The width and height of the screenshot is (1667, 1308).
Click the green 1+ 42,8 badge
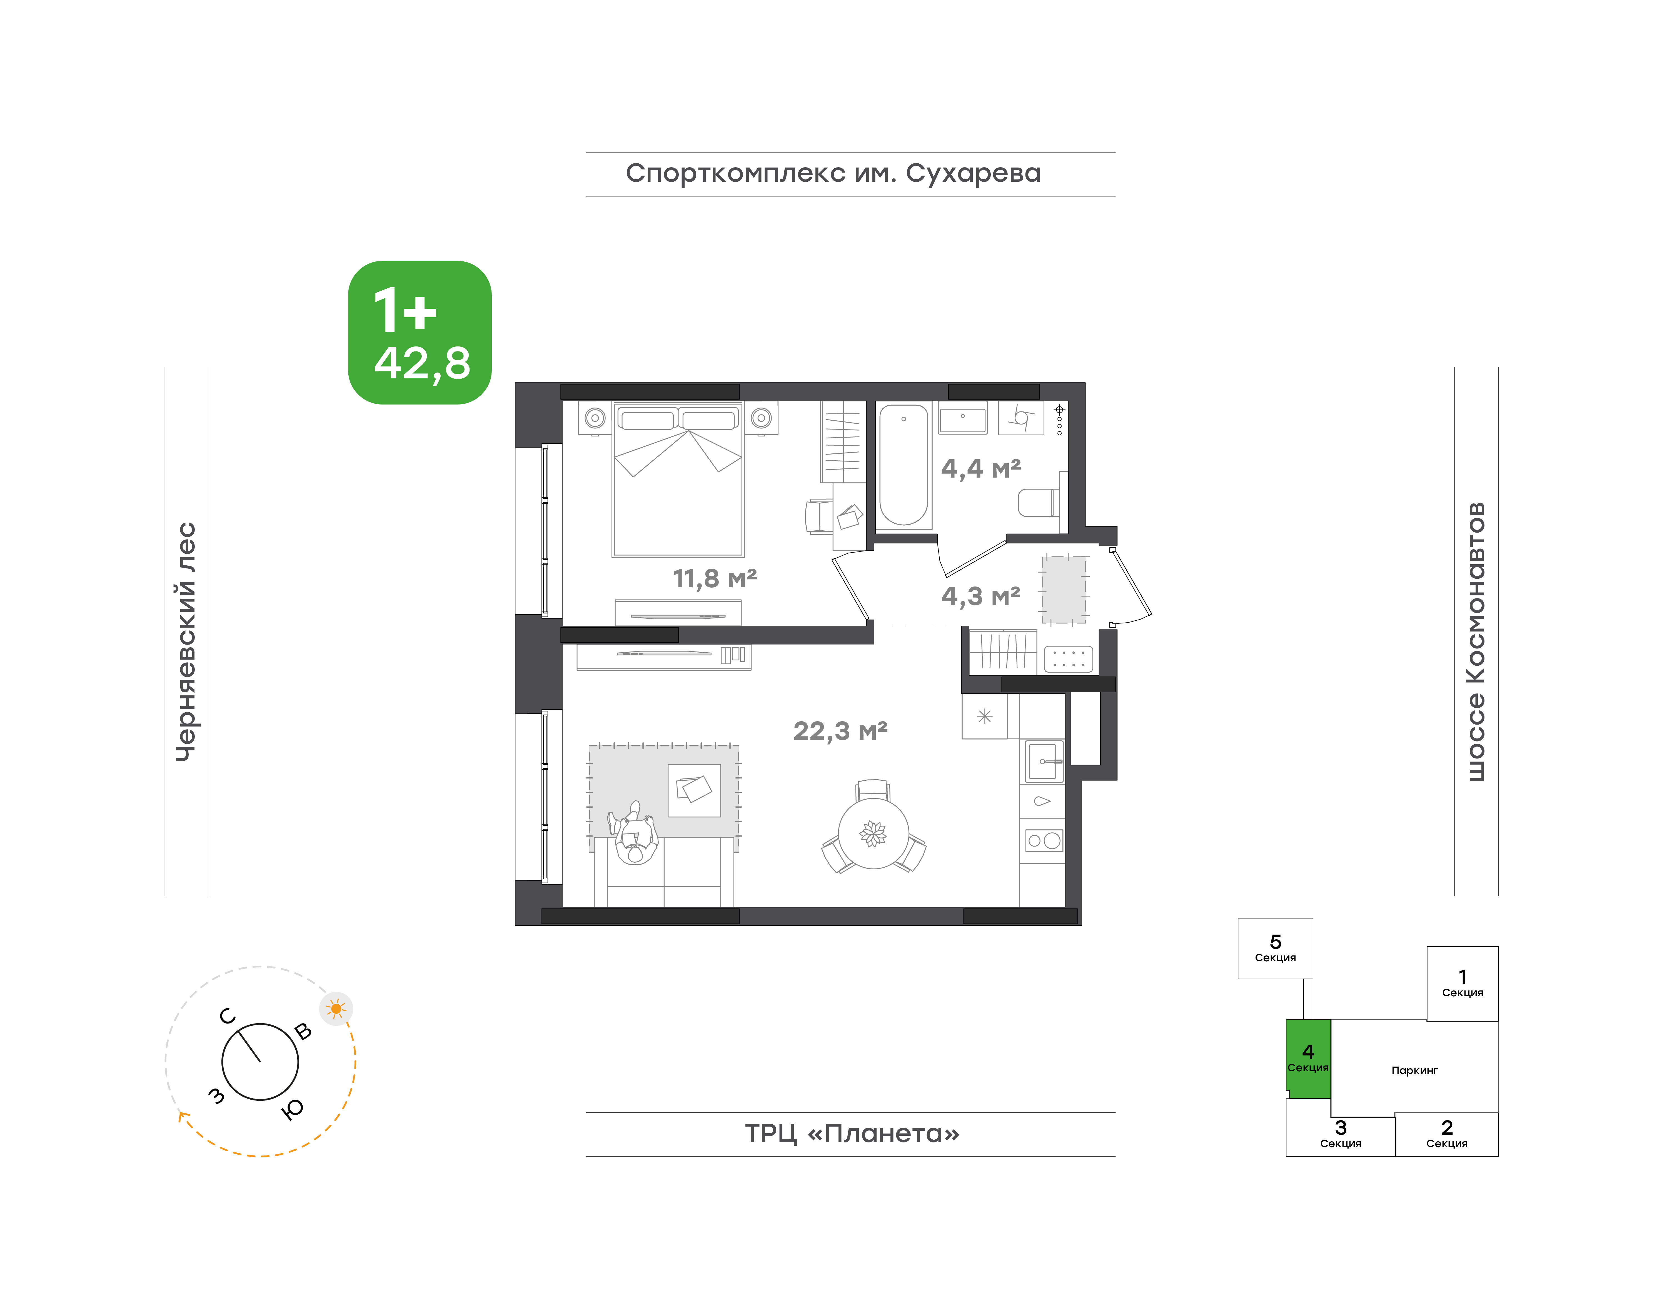click(420, 332)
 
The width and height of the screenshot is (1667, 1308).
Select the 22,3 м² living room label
click(840, 731)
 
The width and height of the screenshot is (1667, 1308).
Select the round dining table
click(874, 833)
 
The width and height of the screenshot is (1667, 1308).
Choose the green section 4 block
click(1308, 1058)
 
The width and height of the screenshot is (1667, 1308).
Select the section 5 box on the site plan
click(1275, 949)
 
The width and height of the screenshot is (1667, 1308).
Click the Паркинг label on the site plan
click(1414, 1071)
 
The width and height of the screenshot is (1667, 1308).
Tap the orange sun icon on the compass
click(335, 1009)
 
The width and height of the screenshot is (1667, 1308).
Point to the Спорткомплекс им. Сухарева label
click(833, 174)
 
